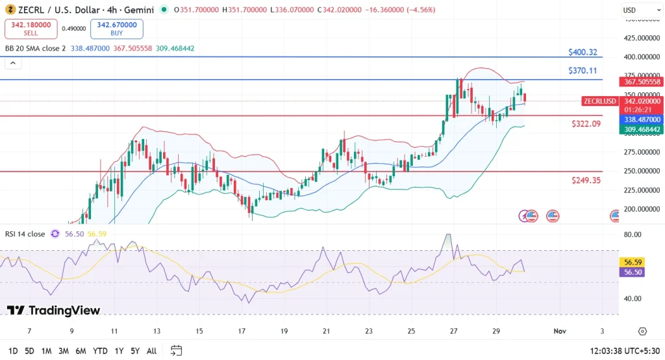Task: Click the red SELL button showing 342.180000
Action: pyautogui.click(x=31, y=29)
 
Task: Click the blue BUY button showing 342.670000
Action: pyautogui.click(x=118, y=29)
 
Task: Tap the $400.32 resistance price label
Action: pyautogui.click(x=582, y=52)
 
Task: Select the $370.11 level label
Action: pyautogui.click(x=582, y=70)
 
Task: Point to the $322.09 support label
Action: pyautogui.click(x=586, y=123)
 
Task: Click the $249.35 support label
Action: pyautogui.click(x=586, y=180)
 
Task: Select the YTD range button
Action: pyautogui.click(x=100, y=351)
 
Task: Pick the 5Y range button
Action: pyautogui.click(x=134, y=351)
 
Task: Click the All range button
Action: pyautogui.click(x=151, y=351)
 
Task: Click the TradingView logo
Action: pyautogui.click(x=54, y=311)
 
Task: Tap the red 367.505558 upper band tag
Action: pyautogui.click(x=642, y=82)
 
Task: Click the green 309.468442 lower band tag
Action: pyautogui.click(x=642, y=129)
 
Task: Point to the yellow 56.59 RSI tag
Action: pyautogui.click(x=633, y=263)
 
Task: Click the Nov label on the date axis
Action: pyautogui.click(x=559, y=331)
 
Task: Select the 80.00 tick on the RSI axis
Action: pyautogui.click(x=633, y=234)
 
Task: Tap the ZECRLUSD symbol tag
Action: pyautogui.click(x=599, y=101)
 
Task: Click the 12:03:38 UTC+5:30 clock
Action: pyautogui.click(x=623, y=351)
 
